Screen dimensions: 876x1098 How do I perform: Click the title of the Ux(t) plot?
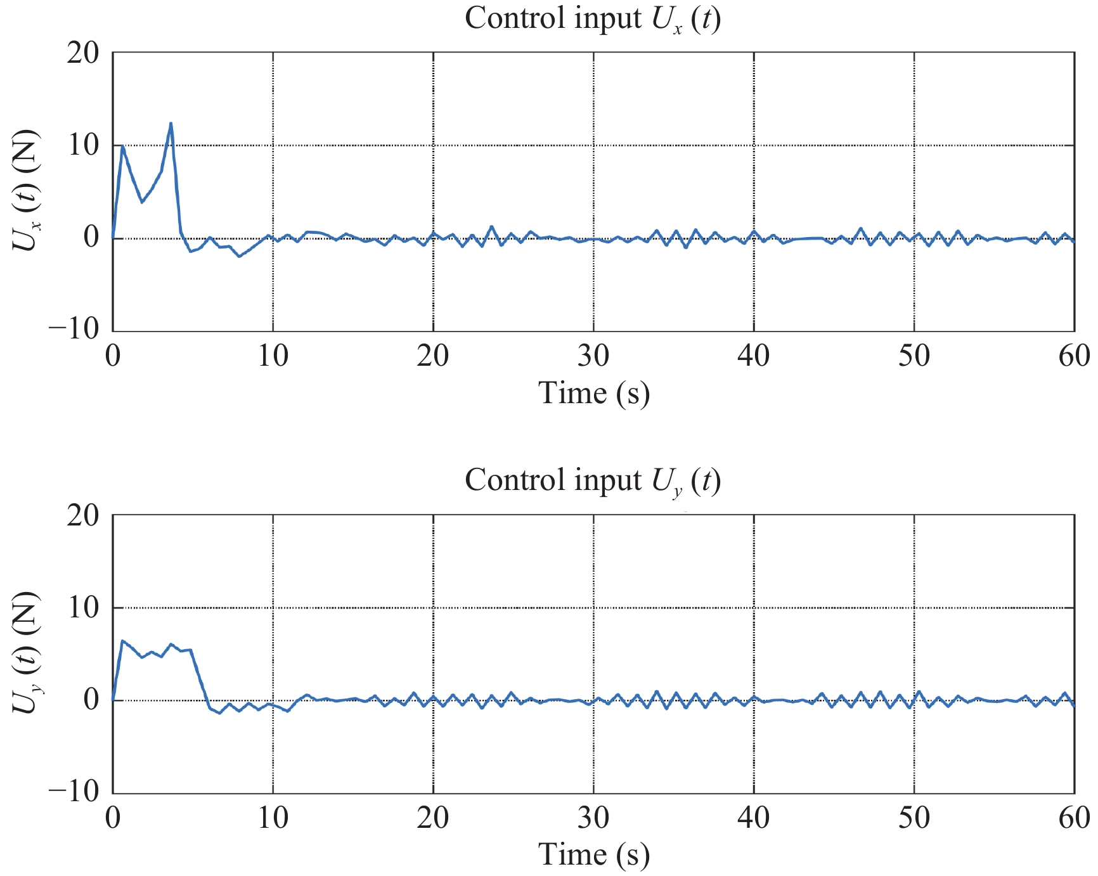pos(592,19)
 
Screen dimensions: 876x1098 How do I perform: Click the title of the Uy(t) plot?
pos(592,481)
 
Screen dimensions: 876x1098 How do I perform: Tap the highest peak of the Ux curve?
pos(171,124)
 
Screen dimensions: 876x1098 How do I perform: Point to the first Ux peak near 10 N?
pos(122,146)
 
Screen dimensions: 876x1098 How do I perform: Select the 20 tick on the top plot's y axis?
pos(83,53)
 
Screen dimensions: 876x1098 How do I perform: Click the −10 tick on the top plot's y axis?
pos(75,329)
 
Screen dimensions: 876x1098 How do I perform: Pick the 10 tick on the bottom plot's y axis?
pos(83,608)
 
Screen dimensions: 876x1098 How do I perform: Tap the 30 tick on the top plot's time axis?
pos(593,356)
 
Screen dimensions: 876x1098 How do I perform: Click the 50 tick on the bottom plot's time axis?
pos(914,818)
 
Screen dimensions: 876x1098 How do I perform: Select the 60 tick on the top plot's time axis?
pos(1074,356)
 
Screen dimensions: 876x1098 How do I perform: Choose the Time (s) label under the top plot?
pos(593,394)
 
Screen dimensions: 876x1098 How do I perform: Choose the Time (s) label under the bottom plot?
pos(593,855)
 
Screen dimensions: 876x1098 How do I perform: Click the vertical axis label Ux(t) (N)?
pos(27,190)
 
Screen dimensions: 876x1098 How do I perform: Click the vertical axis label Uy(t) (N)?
pos(27,653)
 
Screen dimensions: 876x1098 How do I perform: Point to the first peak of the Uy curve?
pos(122,641)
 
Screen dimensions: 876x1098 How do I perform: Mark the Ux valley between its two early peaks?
pos(142,202)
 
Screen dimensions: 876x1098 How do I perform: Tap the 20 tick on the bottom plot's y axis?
pos(83,515)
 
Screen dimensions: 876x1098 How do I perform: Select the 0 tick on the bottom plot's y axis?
pos(92,700)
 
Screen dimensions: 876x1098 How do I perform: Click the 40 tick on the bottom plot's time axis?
pos(753,818)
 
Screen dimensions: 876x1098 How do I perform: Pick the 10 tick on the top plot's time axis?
pos(273,356)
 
